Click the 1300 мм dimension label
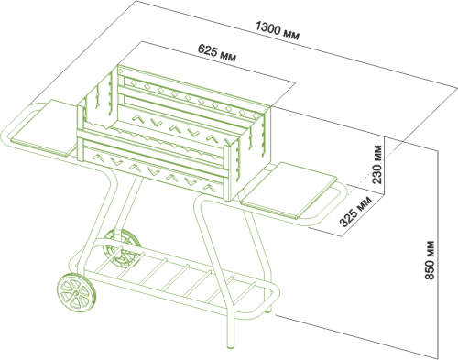click(x=278, y=30)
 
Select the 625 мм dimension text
click(x=217, y=53)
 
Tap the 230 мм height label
click(x=377, y=164)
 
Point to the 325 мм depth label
click(x=355, y=212)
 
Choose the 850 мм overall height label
click(x=430, y=260)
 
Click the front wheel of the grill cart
click(x=76, y=293)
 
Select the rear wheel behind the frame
click(x=122, y=247)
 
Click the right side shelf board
click(x=289, y=190)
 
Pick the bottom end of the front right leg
click(x=231, y=345)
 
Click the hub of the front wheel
click(x=75, y=293)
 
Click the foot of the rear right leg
click(x=268, y=310)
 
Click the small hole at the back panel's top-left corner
click(x=121, y=71)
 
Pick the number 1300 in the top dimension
click(x=267, y=28)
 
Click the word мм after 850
click(x=431, y=248)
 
